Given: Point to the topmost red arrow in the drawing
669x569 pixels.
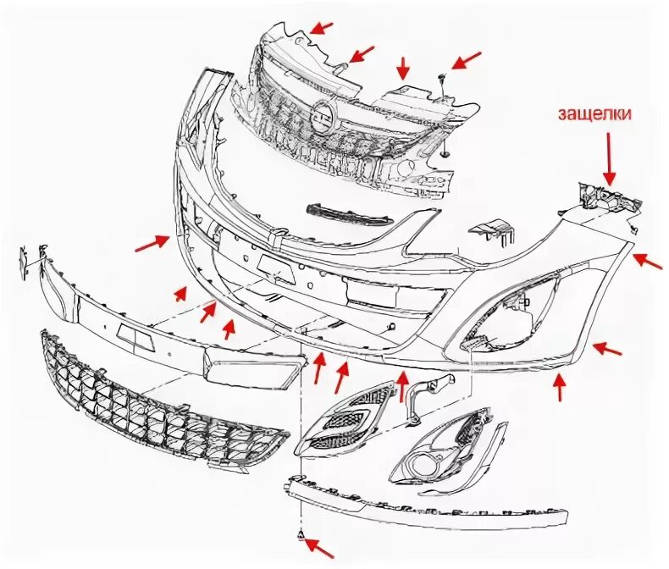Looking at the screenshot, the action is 322,27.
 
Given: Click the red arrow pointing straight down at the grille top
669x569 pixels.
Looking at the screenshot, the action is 404,67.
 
